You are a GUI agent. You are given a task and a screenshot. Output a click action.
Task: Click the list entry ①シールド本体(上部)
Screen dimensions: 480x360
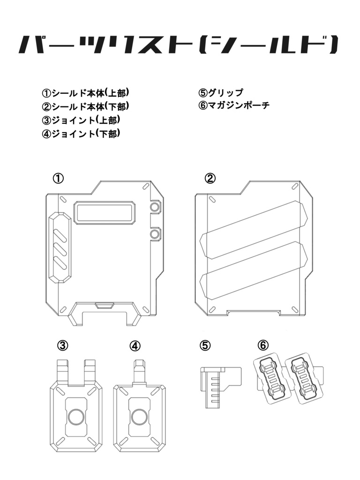coord(85,92)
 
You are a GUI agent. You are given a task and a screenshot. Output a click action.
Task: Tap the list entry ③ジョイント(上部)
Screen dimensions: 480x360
coord(81,120)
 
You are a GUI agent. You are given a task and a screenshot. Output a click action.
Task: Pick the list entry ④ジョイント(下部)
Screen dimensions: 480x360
coord(81,134)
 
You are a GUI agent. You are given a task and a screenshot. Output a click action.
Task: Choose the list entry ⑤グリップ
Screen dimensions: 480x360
coord(221,92)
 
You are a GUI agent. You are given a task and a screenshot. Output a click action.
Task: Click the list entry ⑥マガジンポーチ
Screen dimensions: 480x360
coord(234,105)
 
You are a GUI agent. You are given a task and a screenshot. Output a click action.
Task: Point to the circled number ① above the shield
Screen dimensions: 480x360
coord(58,178)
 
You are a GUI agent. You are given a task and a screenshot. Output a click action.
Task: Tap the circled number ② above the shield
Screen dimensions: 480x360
coord(210,178)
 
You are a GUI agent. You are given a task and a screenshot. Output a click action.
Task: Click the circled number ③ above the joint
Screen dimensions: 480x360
coord(63,345)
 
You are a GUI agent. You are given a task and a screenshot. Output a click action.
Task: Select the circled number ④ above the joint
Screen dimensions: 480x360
coord(135,345)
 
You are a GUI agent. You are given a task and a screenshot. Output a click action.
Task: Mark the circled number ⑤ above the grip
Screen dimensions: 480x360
coord(205,345)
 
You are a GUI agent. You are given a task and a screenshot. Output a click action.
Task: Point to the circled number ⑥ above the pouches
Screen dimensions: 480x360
coord(263,345)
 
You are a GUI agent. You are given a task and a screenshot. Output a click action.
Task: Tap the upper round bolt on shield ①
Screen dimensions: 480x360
coord(155,207)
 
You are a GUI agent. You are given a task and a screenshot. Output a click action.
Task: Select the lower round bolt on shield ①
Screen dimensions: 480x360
coord(155,233)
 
